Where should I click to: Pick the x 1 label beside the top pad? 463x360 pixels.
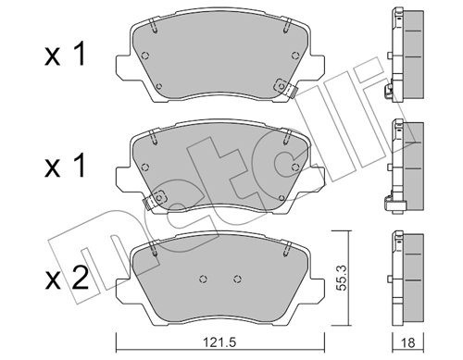coord(65,55)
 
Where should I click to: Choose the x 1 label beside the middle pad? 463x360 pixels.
coord(65,166)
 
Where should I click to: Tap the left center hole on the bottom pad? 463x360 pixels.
coord(203,279)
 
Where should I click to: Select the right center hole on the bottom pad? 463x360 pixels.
coord(237,279)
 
